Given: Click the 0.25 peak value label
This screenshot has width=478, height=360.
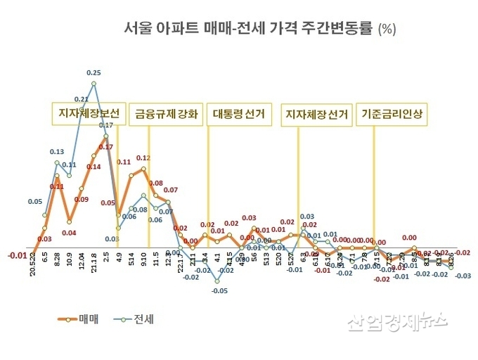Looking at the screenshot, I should (x=93, y=72).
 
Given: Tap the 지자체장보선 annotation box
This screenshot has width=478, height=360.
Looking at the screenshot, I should (x=88, y=112).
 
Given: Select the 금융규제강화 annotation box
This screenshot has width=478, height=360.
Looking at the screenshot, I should (x=167, y=112).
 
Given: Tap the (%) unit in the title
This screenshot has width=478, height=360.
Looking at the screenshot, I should (x=387, y=30).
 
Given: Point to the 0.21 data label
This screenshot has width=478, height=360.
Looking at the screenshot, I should (x=81, y=100).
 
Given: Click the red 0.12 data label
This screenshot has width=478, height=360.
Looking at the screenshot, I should (x=144, y=158).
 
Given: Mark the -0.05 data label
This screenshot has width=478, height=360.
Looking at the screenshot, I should (x=220, y=290).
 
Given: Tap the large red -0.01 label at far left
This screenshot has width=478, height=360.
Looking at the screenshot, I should (x=17, y=255).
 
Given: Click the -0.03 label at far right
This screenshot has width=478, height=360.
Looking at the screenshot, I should (x=463, y=276).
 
